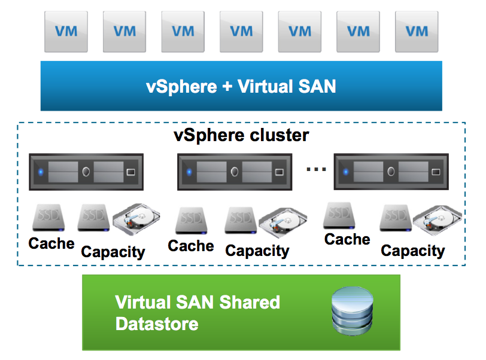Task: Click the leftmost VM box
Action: (66, 31)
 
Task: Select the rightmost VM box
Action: (417, 31)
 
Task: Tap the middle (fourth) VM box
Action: (241, 31)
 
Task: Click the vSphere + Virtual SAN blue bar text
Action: (241, 86)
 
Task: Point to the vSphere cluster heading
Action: (241, 135)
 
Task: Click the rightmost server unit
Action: (390, 172)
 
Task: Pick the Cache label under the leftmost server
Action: (51, 243)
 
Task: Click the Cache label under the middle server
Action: (191, 246)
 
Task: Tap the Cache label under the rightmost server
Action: (347, 239)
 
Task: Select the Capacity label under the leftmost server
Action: (113, 252)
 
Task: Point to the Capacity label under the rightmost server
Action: (413, 251)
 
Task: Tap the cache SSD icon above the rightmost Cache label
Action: (341, 216)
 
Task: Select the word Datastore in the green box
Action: (157, 325)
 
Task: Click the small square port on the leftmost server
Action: (131, 172)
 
